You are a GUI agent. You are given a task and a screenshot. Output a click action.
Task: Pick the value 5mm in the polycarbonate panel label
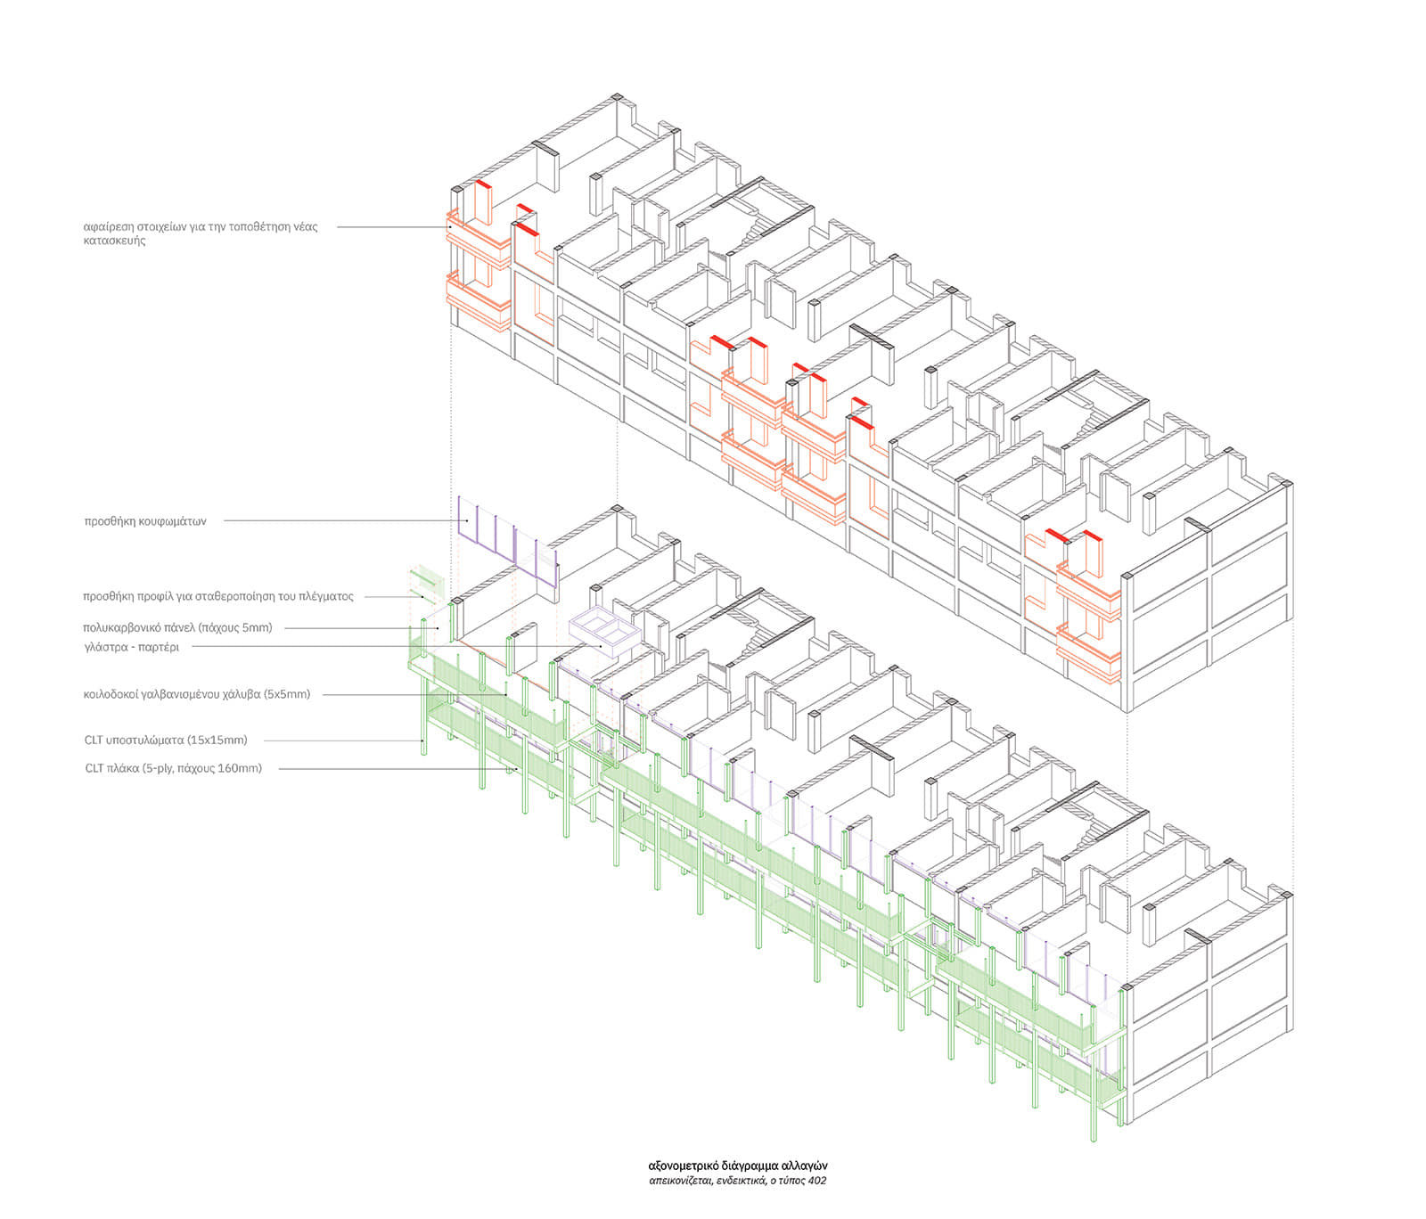(254, 627)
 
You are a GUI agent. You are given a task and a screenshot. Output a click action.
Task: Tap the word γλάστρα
(105, 647)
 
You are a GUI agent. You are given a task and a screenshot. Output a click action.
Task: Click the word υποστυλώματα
(147, 740)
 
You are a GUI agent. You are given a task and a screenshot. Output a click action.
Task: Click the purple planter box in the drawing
(603, 633)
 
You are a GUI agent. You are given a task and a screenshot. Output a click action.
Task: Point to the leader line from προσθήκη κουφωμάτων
(339, 521)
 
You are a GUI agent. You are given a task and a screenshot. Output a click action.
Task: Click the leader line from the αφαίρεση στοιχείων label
(392, 227)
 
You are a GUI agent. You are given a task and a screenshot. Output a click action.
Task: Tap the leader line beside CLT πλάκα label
(392, 768)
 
